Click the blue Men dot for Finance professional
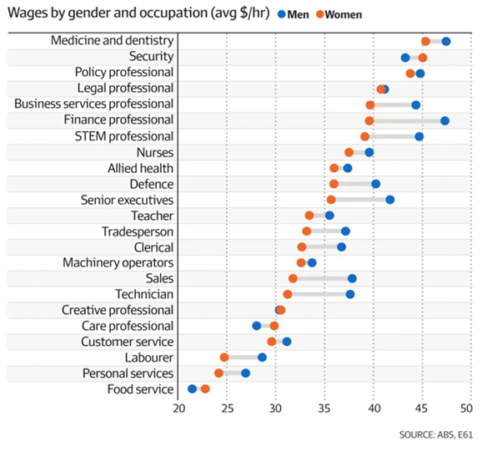(x=444, y=121)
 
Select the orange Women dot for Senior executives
(x=331, y=200)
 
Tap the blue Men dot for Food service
(x=193, y=388)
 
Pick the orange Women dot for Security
(x=423, y=58)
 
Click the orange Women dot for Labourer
(x=224, y=357)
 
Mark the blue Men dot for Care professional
(x=257, y=326)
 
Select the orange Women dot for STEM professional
(x=364, y=136)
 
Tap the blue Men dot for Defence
(x=375, y=184)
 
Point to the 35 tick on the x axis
(x=324, y=409)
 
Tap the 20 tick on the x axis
(x=178, y=409)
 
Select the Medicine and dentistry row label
(x=112, y=41)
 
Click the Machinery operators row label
(x=118, y=262)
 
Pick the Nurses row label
(x=154, y=152)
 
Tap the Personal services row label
(x=128, y=373)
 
